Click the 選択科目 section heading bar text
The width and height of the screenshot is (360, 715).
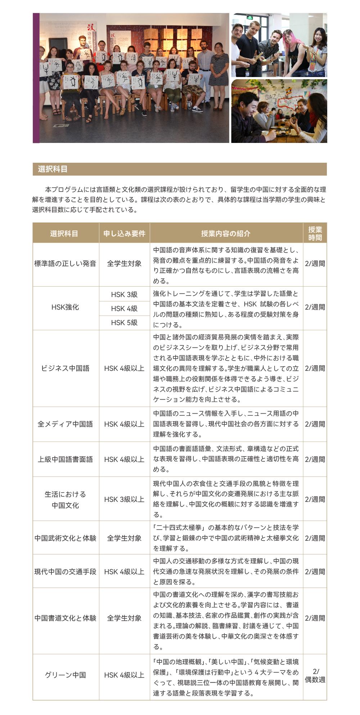pos(53,169)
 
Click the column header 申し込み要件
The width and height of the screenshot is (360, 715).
pos(124,234)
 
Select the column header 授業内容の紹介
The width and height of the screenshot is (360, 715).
pos(226,234)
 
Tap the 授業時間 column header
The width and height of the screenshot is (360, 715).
pos(315,234)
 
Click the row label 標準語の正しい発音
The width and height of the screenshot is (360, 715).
pos(65,264)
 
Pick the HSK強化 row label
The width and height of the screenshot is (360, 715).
pos(65,307)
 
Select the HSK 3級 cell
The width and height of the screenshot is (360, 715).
pos(124,294)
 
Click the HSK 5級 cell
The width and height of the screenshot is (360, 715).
pos(124,323)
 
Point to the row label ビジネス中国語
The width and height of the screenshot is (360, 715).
pos(65,368)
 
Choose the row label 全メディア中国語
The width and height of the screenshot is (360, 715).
pos(65,424)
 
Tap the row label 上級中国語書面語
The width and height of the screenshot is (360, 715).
pos(65,459)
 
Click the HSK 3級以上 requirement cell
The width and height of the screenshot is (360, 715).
pos(124,499)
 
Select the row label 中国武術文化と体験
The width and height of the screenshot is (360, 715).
pos(65,538)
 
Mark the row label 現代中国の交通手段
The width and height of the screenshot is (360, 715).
pos(65,572)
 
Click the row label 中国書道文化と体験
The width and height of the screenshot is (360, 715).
pos(65,618)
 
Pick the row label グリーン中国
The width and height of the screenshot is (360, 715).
pos(65,675)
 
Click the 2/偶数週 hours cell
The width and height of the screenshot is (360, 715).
pos(315,675)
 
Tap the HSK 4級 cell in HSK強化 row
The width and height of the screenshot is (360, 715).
pos(124,309)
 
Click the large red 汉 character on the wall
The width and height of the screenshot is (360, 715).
pos(91,28)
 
